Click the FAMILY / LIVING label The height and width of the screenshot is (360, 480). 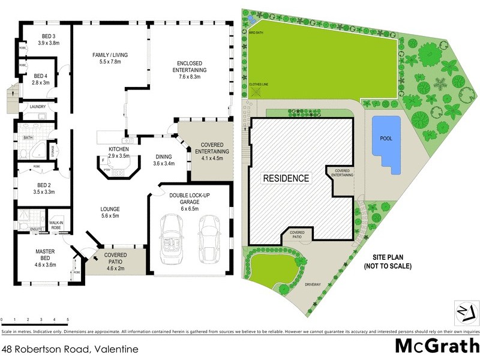pos(110,55)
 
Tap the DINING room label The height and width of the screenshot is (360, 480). pos(163,156)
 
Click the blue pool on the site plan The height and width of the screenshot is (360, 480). pos(386,145)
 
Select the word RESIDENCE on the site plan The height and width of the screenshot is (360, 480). pos(285,178)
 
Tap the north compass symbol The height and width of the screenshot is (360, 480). pos(466,310)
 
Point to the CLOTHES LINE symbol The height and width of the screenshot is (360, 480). pos(256,92)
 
